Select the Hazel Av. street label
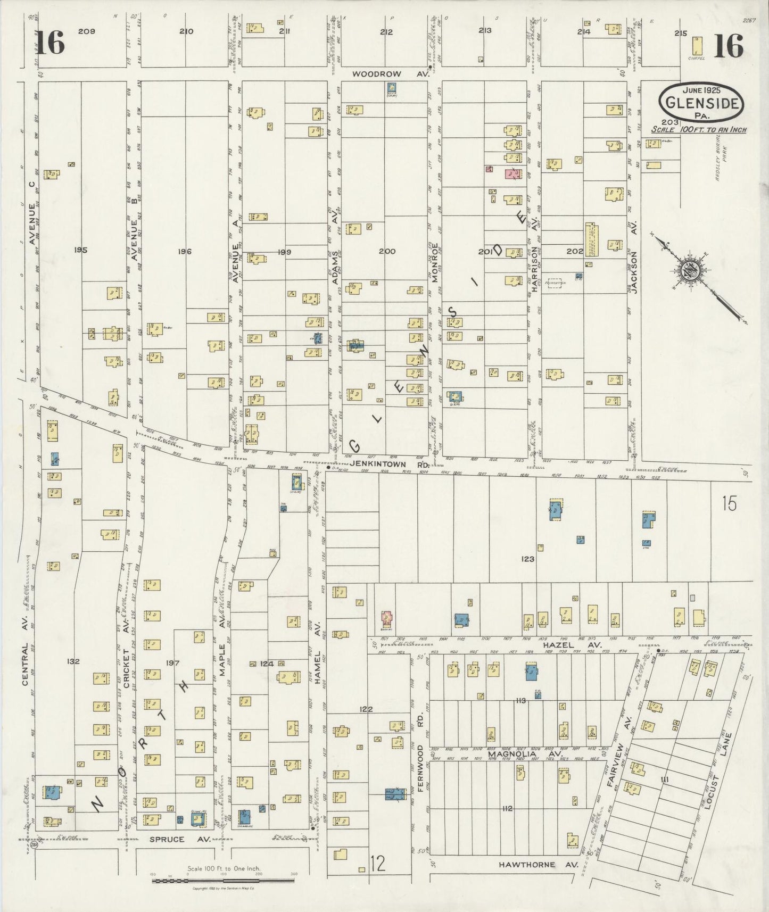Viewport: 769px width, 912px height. [x=572, y=644]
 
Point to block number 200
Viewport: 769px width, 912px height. [x=387, y=251]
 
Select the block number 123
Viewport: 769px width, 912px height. [x=528, y=559]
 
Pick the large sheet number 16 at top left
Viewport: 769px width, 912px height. [x=51, y=44]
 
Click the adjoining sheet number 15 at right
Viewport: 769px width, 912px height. [x=729, y=503]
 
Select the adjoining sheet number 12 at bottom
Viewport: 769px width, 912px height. [x=377, y=864]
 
